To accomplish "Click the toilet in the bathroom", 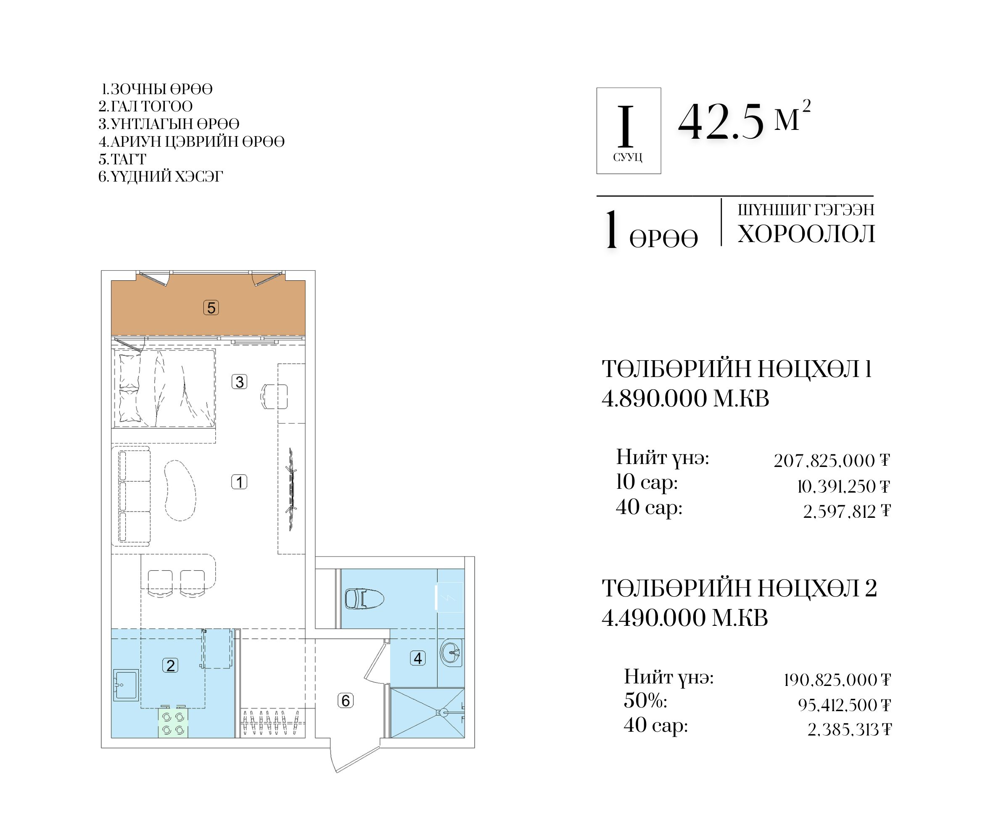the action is tap(365, 599).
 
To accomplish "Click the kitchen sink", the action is tap(126, 685).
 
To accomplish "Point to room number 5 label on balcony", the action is tap(211, 308).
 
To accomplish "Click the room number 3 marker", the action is tap(240, 382).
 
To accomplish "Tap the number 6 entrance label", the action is tap(346, 701).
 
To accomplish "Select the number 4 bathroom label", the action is tap(418, 658).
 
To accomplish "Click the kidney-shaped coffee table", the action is tap(180, 490).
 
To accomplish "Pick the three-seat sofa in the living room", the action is tap(131, 496).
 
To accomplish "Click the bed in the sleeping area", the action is tap(164, 389).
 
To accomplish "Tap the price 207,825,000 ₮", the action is tap(832, 461).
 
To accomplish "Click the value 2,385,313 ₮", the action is tap(849, 730).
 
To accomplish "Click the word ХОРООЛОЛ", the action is tap(806, 234).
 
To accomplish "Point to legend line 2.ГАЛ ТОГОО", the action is tap(145, 106).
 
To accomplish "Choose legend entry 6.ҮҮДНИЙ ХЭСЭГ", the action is tap(161, 177).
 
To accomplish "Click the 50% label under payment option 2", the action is tap(645, 701).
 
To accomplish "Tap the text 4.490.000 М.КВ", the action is tap(684, 618).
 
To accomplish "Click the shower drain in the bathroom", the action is tap(441, 712).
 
